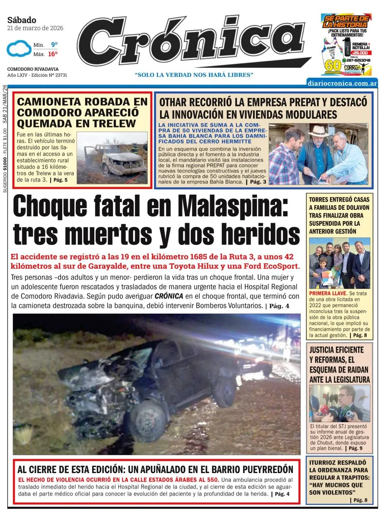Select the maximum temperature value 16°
53,54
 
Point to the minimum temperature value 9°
54,45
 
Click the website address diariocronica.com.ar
342,83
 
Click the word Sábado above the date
22,20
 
